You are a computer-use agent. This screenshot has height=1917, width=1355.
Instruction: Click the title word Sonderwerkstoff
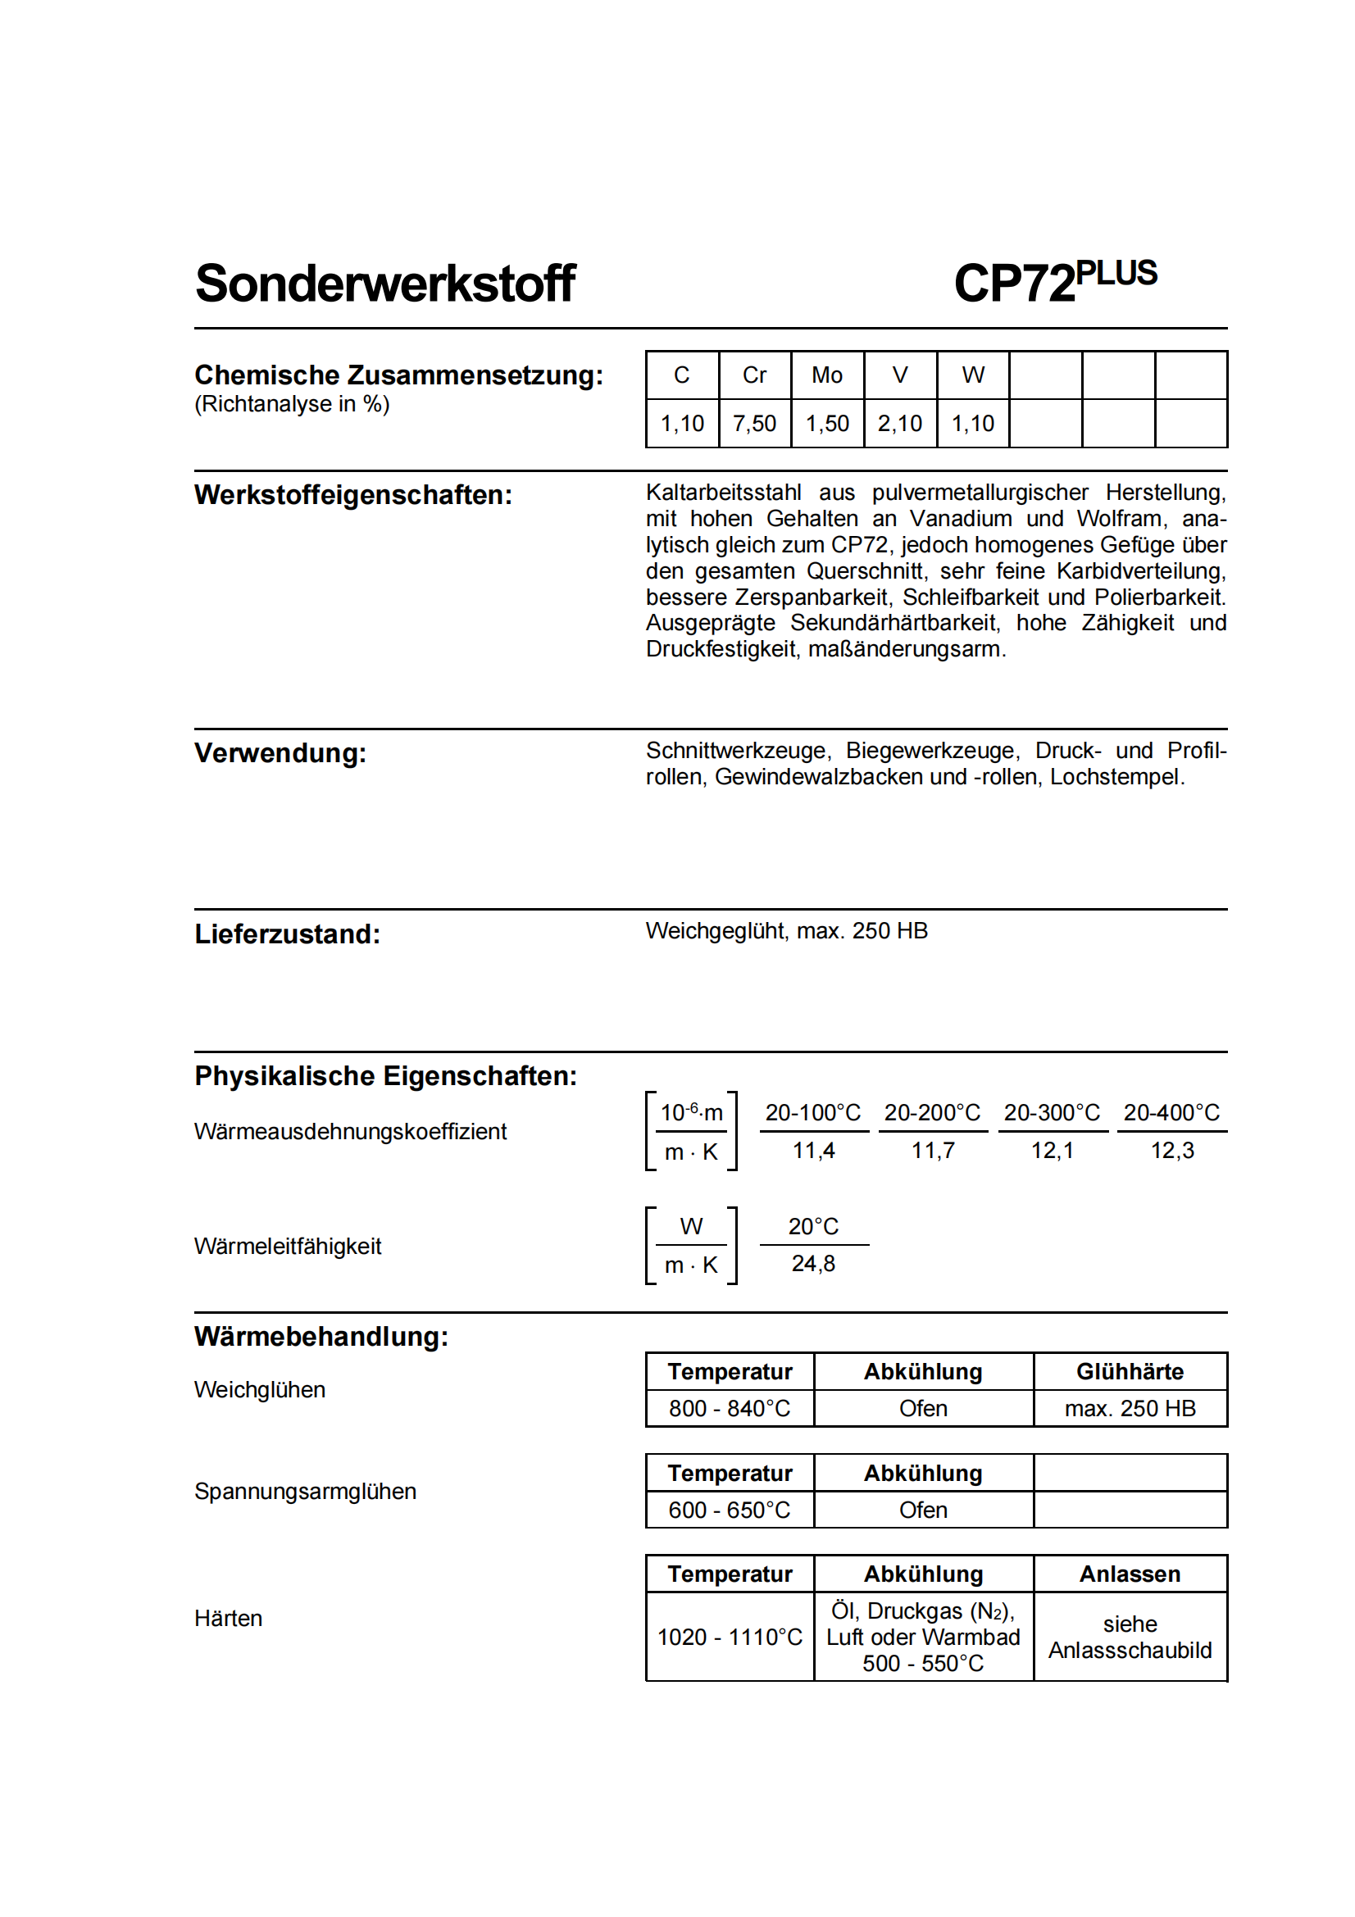385,283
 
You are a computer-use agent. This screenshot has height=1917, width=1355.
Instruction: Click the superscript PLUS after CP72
1116,273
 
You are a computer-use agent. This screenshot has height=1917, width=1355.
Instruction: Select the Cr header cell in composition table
754,375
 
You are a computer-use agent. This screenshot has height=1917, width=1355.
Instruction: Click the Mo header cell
826,375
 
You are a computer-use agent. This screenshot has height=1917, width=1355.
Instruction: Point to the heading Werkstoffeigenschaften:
353,494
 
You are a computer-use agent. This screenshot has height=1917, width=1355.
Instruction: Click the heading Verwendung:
280,752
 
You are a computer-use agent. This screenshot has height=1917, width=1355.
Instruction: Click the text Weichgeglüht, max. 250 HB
786,930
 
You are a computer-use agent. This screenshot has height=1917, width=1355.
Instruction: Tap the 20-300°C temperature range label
1052,1112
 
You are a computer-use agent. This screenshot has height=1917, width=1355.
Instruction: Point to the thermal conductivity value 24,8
813,1263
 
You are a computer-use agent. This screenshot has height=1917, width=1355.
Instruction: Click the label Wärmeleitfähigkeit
287,1246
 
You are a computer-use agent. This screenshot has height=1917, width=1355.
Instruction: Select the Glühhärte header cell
1130,1371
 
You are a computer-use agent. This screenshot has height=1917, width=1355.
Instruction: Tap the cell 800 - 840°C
729,1409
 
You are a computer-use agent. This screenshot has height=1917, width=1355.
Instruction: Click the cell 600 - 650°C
729,1510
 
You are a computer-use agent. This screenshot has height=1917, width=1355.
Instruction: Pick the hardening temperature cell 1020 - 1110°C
729,1637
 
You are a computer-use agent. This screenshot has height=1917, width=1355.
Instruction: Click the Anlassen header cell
1130,1574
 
